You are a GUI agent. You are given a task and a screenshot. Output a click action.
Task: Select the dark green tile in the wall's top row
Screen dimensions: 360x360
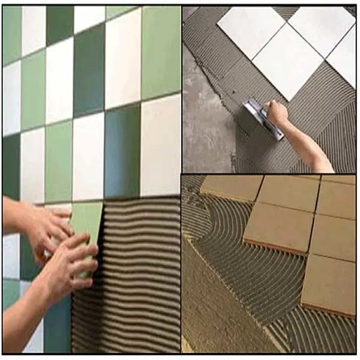pyautogui.click(x=60, y=21)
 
